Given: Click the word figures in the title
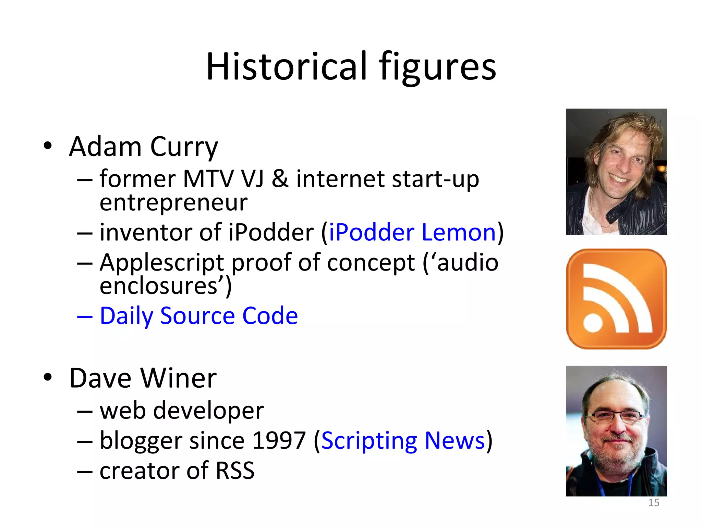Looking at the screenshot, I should pyautogui.click(x=437, y=67).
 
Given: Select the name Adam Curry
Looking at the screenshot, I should pyautogui.click(x=143, y=147).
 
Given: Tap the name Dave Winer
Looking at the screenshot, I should pyautogui.click(x=143, y=378).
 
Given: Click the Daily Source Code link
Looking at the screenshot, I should pyautogui.click(x=198, y=315).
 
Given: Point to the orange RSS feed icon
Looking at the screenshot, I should pyautogui.click(x=616, y=299).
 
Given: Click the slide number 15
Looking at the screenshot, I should pyautogui.click(x=654, y=502).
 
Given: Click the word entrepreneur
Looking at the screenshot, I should pyautogui.click(x=173, y=202).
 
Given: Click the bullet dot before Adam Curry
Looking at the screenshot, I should pyautogui.click(x=48, y=146).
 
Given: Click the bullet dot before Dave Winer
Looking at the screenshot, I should pyautogui.click(x=48, y=377).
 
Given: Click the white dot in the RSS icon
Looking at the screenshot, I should pyautogui.click(x=593, y=322).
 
